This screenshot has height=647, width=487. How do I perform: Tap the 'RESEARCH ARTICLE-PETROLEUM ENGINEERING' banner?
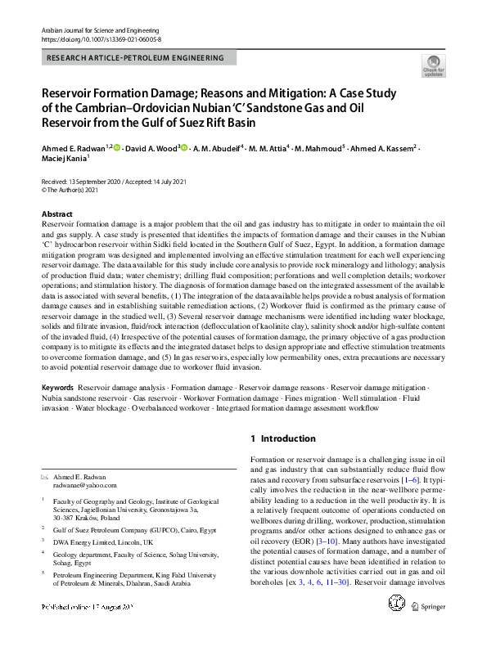pos(137,58)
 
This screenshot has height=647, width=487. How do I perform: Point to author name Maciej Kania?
pos(62,159)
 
